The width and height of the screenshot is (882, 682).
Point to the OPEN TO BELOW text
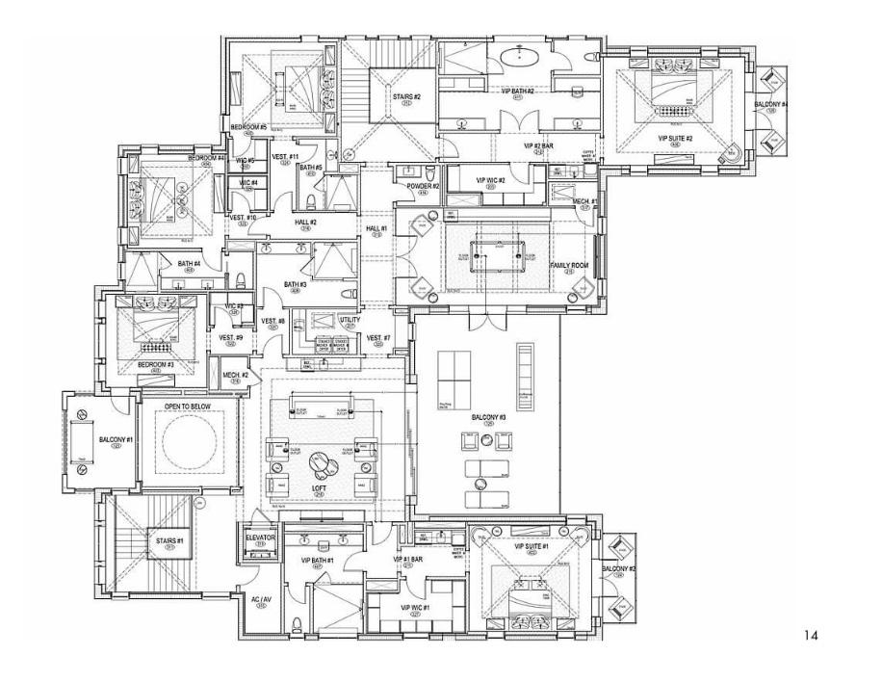[x=187, y=407]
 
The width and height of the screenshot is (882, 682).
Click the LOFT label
[x=319, y=491]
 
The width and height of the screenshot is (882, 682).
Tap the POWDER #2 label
[x=424, y=186]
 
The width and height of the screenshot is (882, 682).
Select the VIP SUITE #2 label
[x=675, y=138]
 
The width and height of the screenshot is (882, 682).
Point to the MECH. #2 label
[x=237, y=375]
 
